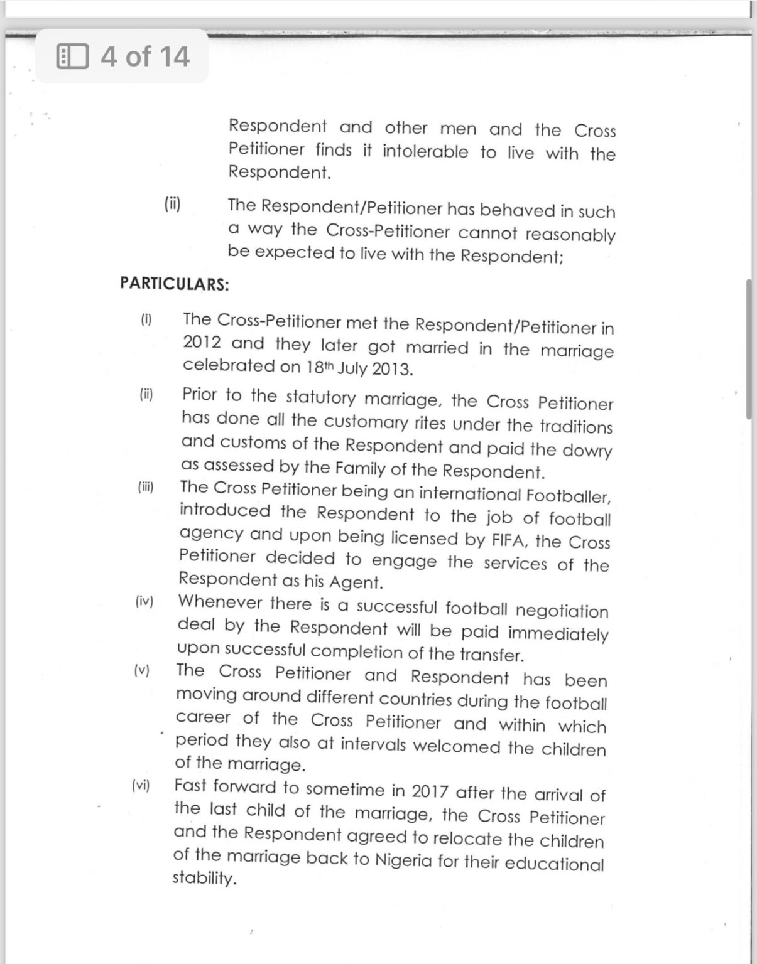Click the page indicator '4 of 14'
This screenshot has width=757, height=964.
click(x=144, y=56)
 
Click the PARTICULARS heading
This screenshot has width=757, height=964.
click(x=175, y=284)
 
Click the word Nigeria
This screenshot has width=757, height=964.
click(x=403, y=859)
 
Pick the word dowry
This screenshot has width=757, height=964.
click(x=587, y=451)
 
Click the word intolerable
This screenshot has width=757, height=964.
click(x=425, y=151)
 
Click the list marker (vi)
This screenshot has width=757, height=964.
click(x=141, y=785)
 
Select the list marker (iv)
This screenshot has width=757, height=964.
click(x=144, y=601)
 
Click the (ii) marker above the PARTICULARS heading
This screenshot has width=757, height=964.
click(x=172, y=204)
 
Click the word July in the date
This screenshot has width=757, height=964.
click(x=352, y=368)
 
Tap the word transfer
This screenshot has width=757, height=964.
click(x=491, y=655)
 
